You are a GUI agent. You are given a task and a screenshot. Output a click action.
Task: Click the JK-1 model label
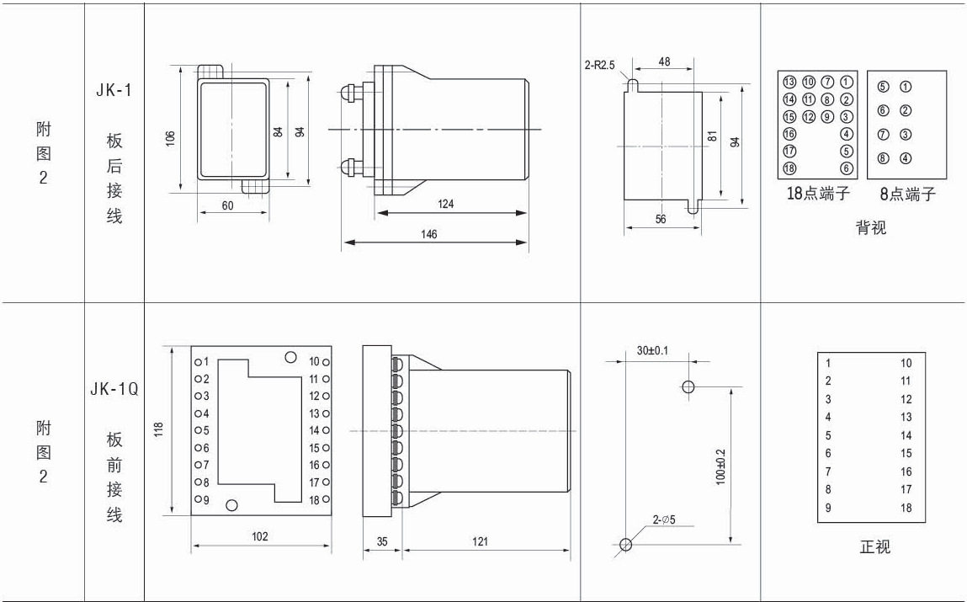[x=114, y=92]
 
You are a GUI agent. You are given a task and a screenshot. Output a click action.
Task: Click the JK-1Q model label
[x=114, y=390]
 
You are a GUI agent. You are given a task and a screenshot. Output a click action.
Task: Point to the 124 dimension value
[x=445, y=204]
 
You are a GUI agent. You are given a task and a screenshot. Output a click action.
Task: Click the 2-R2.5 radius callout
[x=599, y=63]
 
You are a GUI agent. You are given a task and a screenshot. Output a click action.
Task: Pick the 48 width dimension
[x=664, y=61]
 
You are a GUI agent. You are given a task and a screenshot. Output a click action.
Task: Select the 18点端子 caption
[x=817, y=194]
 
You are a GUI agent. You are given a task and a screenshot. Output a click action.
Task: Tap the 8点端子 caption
[x=907, y=194]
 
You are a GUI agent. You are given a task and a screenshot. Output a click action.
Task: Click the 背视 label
[x=871, y=227]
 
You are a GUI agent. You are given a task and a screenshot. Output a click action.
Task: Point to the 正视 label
[x=874, y=547]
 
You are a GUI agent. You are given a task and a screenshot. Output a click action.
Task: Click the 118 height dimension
[x=158, y=429]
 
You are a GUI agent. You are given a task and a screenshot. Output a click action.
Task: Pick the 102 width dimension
[x=260, y=536]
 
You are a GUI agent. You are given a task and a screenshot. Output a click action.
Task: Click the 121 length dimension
[x=480, y=541]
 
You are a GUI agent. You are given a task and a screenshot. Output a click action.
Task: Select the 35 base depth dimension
[x=382, y=541]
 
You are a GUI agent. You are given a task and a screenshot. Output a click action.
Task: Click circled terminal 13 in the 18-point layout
[x=789, y=82]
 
